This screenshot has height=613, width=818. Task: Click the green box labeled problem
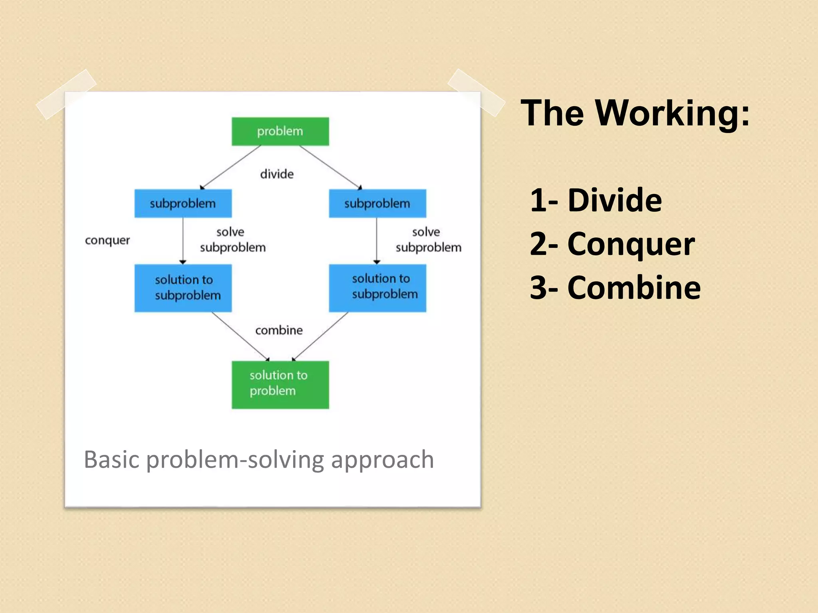click(x=280, y=131)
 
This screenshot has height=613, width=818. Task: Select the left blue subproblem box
click(x=183, y=204)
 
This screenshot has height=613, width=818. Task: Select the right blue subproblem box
click(x=377, y=204)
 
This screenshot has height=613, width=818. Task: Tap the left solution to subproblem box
click(x=183, y=288)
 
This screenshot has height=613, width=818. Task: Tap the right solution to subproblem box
click(x=377, y=288)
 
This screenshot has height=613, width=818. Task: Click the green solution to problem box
click(x=280, y=384)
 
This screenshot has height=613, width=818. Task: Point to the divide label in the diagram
click(x=277, y=174)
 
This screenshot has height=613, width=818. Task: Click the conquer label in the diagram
click(x=107, y=240)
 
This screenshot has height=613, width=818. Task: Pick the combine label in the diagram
click(x=279, y=330)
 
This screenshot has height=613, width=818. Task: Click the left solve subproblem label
click(x=232, y=240)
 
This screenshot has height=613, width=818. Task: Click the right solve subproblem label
click(x=428, y=240)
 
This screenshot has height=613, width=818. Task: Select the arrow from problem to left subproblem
click(x=230, y=167)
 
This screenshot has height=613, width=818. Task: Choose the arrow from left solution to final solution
click(x=240, y=336)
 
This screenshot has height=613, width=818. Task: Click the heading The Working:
click(x=635, y=113)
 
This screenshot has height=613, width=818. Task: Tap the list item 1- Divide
click(x=596, y=200)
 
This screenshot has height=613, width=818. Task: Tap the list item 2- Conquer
click(x=612, y=244)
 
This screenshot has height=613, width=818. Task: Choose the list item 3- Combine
click(x=615, y=288)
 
